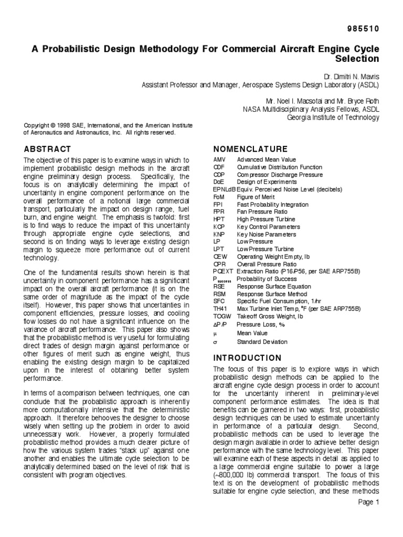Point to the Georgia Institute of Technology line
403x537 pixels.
pos(333,117)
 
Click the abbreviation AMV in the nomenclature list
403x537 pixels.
pos(219,159)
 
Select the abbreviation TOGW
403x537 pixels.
pos(221,316)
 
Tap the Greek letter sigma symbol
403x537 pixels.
pos(215,341)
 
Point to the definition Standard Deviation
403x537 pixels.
pos(262,341)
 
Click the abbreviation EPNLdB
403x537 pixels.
pos(224,189)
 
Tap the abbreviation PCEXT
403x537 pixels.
pos(223,271)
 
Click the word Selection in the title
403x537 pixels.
pos(357,58)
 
